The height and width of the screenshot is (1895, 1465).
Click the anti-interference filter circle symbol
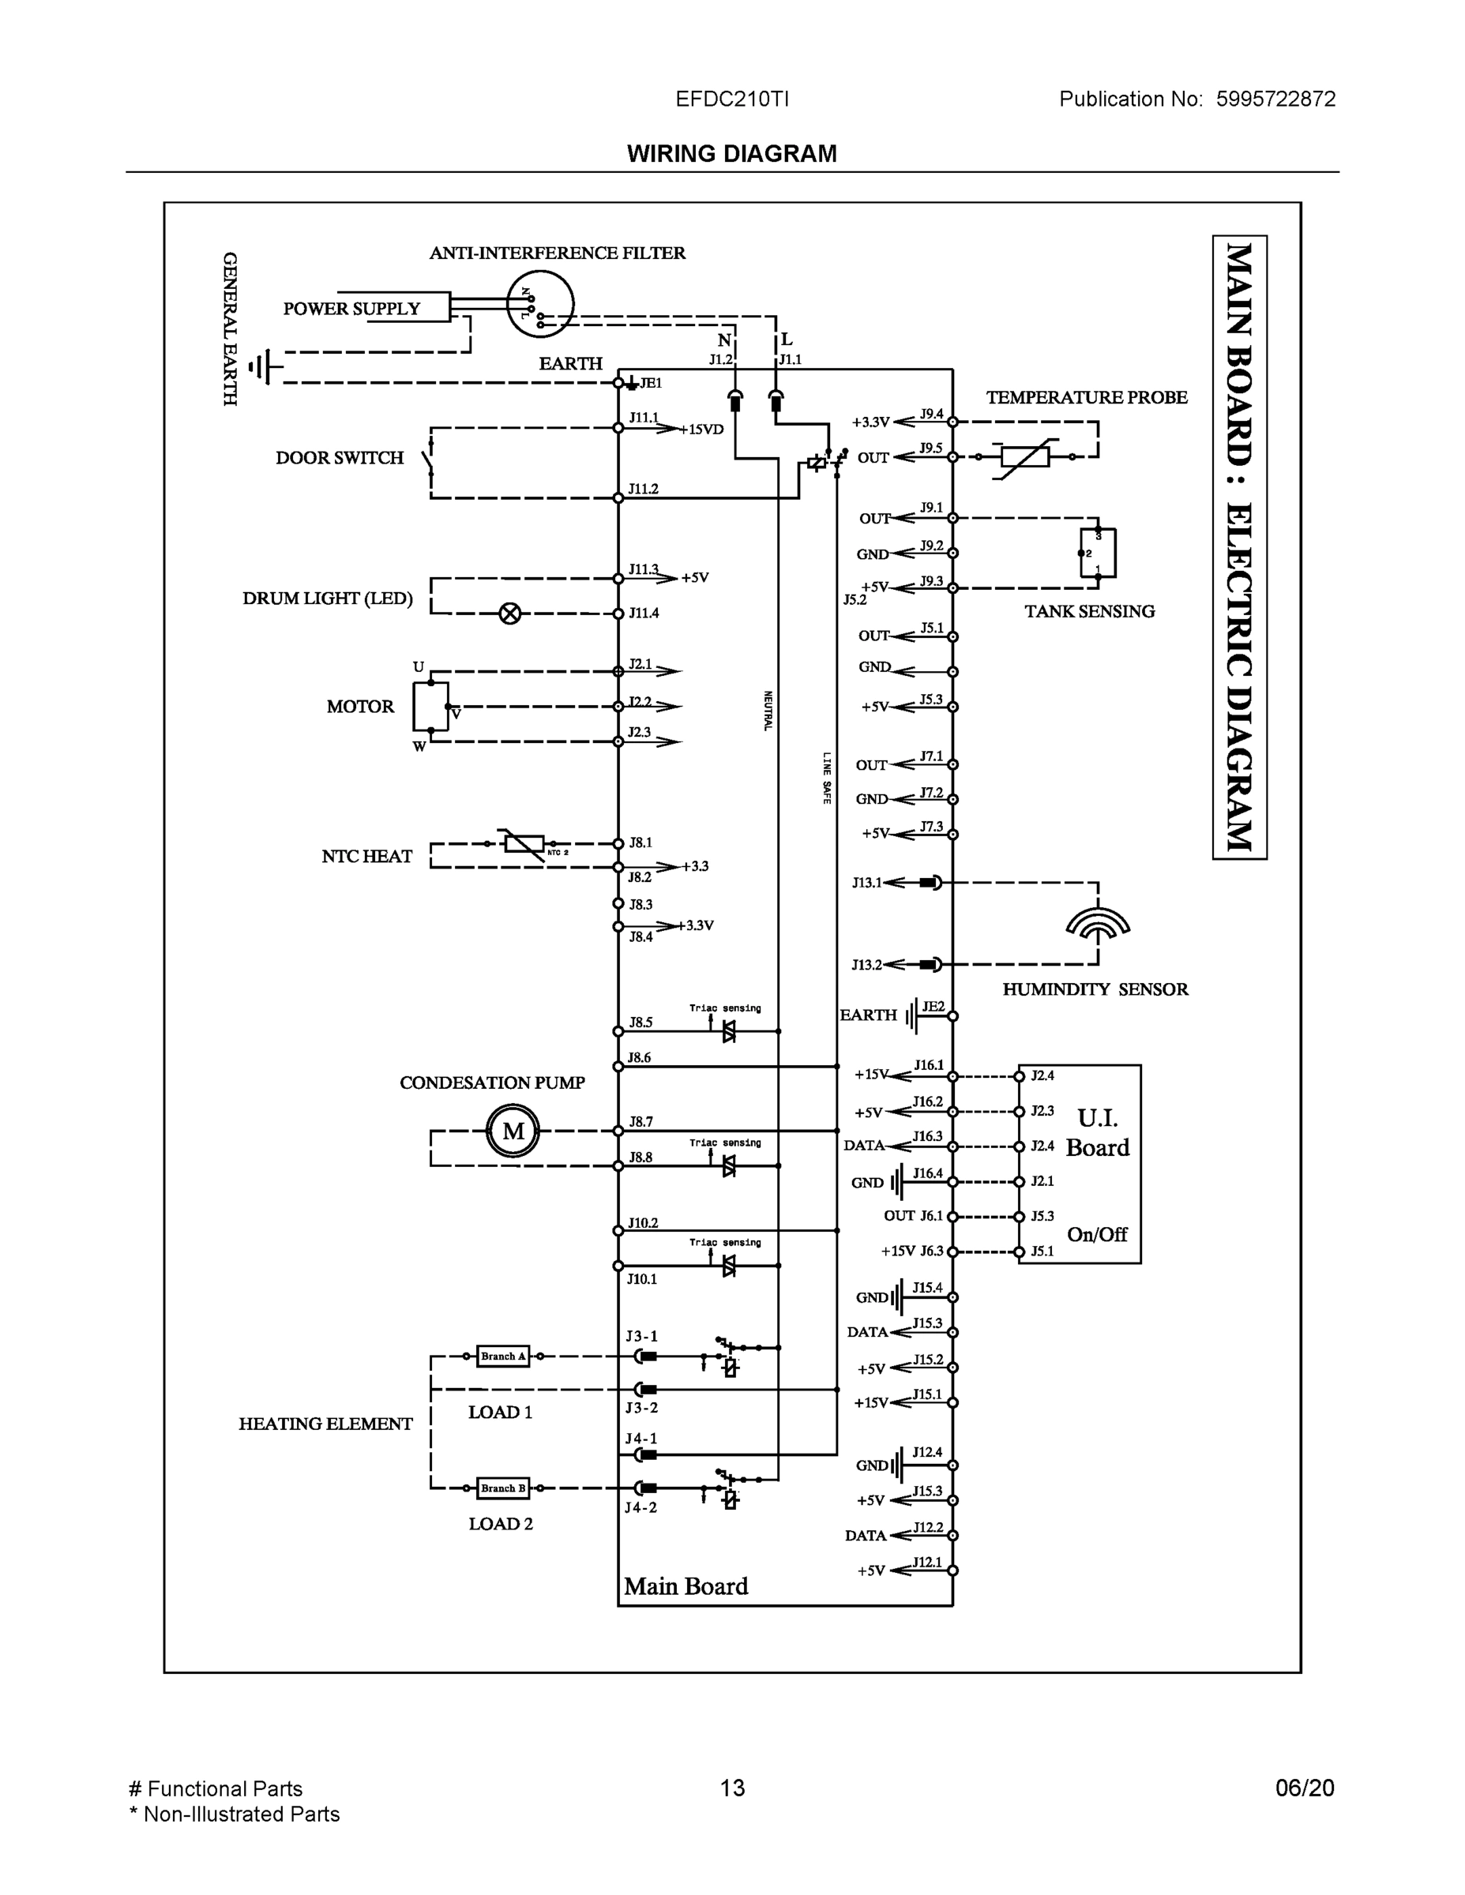click(x=540, y=304)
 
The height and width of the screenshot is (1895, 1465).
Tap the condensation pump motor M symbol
click(x=513, y=1131)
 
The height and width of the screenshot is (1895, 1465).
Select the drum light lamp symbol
click(x=510, y=614)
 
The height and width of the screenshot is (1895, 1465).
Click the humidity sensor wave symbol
click(x=1097, y=925)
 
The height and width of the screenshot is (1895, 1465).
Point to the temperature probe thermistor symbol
click(x=1025, y=456)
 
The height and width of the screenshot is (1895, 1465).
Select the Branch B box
click(x=502, y=1488)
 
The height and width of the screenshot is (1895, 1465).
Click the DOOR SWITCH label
click(x=340, y=458)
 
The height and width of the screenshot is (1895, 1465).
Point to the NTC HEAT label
click(x=366, y=857)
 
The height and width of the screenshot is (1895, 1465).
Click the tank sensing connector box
click(x=1098, y=553)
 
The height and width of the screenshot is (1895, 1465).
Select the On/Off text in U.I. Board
click(x=1096, y=1234)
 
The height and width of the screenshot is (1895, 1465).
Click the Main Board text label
click(x=686, y=1586)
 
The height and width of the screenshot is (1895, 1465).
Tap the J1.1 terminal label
click(x=790, y=359)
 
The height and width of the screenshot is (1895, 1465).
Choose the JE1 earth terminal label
click(x=651, y=383)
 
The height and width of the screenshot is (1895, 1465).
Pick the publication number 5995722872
click(x=1275, y=99)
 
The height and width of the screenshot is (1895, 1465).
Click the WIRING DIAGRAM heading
click(x=731, y=154)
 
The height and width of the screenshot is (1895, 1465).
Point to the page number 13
click(x=731, y=1788)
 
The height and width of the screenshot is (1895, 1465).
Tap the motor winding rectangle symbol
click(x=430, y=707)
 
